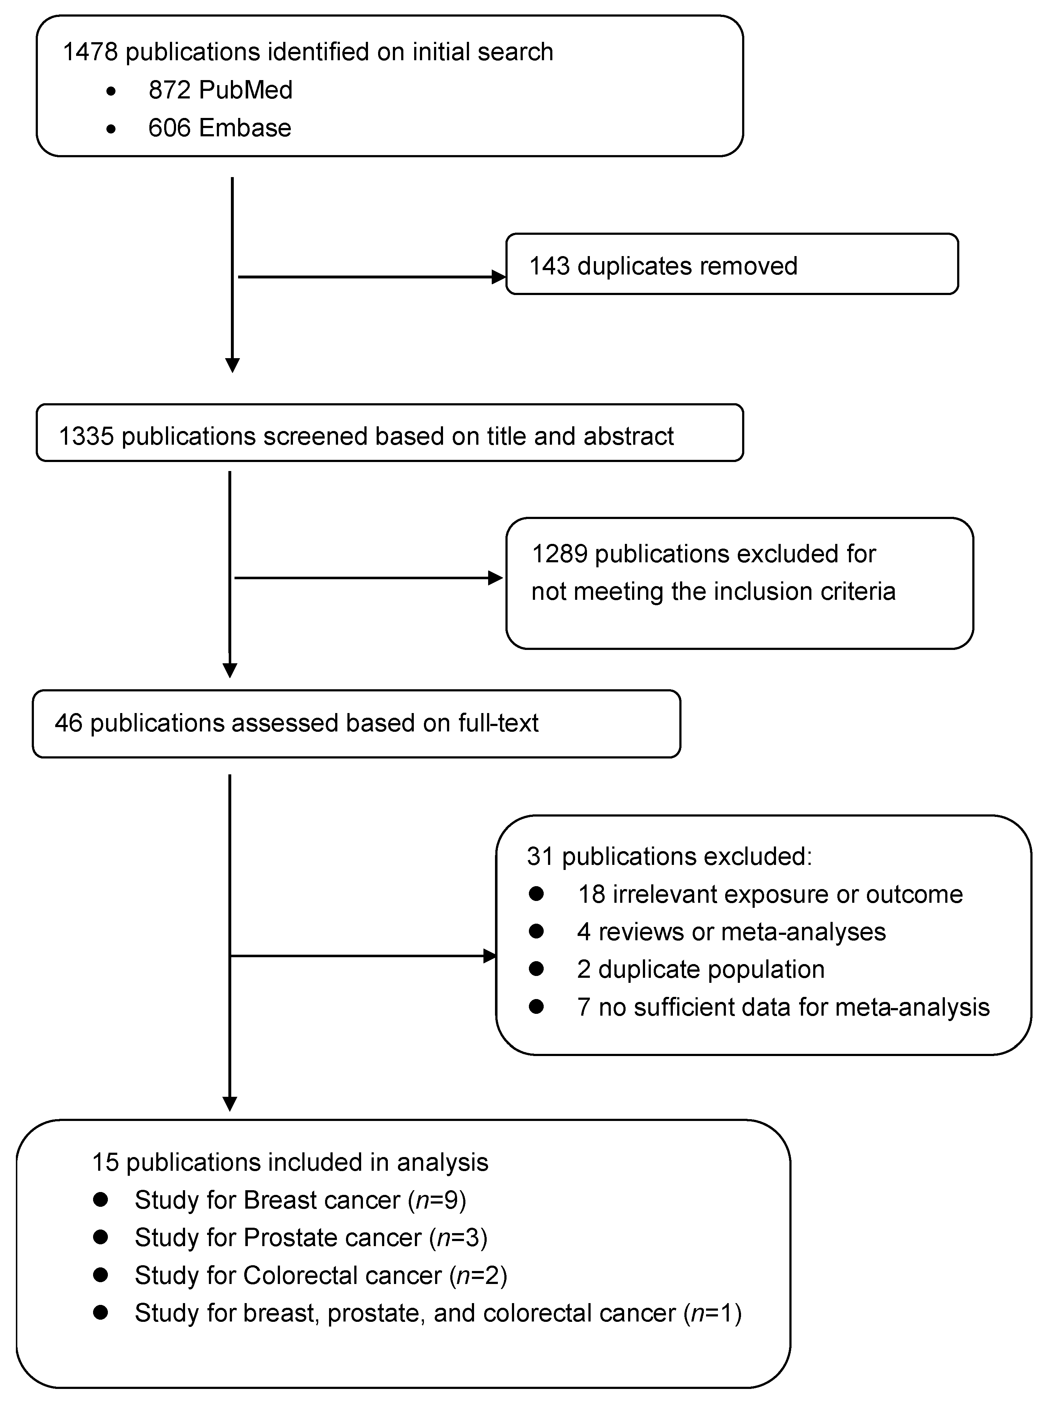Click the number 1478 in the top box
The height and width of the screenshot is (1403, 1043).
tap(89, 52)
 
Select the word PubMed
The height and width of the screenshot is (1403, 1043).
tap(246, 90)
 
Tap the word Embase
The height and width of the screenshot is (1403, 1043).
tap(245, 128)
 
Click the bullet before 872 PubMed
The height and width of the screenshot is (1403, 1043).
tap(111, 92)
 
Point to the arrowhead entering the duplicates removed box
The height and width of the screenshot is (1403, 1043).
tap(499, 277)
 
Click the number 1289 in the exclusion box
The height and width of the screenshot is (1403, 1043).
tap(559, 554)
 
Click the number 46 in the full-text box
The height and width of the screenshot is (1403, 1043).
tap(68, 723)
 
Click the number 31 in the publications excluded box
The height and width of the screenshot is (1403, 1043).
tap(540, 857)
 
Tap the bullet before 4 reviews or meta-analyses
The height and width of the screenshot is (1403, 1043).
tap(537, 931)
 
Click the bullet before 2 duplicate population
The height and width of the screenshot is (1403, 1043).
tap(537, 969)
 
